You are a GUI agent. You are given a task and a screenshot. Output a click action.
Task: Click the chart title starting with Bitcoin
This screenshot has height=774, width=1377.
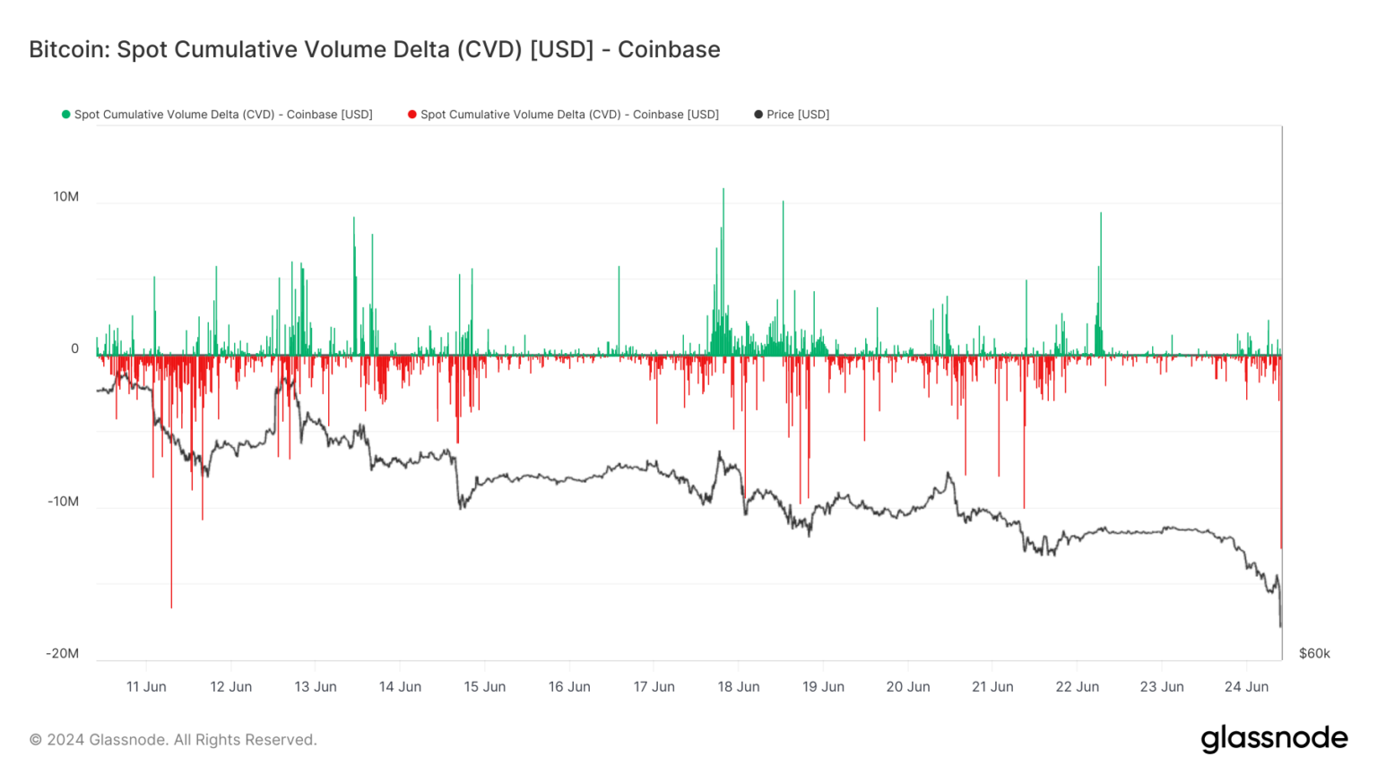(374, 49)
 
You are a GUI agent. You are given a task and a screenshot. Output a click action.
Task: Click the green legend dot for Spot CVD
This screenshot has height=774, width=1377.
(65, 115)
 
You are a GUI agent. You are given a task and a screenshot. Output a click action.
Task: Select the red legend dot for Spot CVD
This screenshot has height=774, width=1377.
(411, 115)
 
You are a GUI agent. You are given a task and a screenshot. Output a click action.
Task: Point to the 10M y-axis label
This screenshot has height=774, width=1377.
(65, 197)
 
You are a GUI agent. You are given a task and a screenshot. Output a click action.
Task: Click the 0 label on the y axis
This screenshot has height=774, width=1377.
(74, 349)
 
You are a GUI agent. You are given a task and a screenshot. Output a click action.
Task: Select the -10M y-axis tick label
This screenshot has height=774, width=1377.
(63, 502)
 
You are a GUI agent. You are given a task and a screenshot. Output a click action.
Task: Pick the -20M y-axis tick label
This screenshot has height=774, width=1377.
(63, 654)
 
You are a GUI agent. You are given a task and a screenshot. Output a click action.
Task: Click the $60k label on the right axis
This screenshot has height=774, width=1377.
(1314, 654)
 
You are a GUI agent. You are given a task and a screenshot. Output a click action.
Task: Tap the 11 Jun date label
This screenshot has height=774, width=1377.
(146, 687)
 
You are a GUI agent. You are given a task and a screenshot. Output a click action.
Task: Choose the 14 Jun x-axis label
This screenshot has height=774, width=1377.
(400, 687)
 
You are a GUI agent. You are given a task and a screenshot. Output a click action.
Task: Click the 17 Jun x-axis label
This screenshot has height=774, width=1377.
(654, 687)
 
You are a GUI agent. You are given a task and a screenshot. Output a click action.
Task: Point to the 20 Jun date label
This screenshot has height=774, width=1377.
(908, 687)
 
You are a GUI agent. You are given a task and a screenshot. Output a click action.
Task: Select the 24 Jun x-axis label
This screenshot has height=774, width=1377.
(1246, 687)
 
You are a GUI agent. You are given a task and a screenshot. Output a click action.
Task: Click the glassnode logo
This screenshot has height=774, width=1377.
(1274, 738)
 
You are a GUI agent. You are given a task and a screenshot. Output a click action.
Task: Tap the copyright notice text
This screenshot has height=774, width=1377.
(173, 740)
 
